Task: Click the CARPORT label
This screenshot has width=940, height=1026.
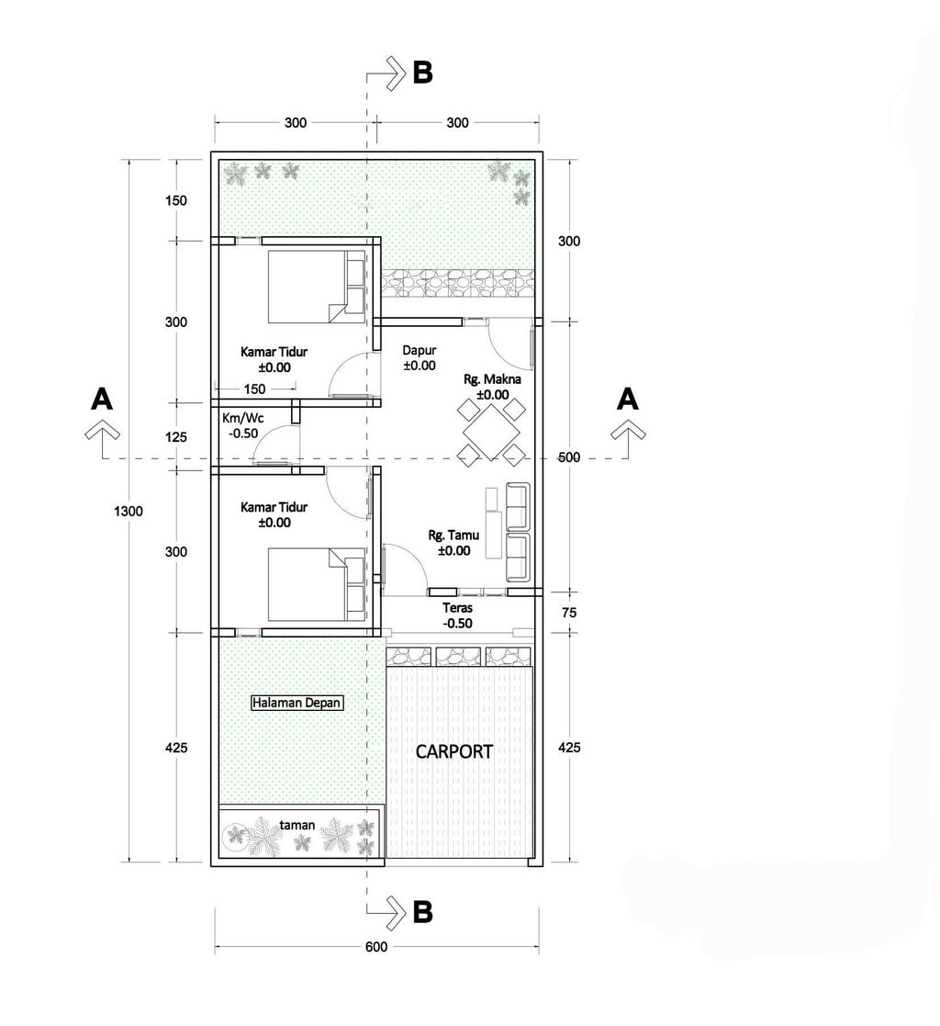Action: coord(454,751)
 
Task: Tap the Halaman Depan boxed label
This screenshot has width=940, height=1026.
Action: coord(297,703)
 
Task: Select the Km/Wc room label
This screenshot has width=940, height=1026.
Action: coord(242,417)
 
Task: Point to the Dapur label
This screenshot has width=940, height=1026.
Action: coord(420,351)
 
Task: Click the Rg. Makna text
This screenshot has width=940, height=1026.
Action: coord(493,378)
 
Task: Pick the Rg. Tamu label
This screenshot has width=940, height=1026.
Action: coord(454,536)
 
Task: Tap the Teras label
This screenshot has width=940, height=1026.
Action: coord(457,608)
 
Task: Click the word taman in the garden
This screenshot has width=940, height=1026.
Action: coord(297,825)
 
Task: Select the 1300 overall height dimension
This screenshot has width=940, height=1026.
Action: coord(129,511)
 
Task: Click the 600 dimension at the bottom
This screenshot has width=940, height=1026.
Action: coord(376,947)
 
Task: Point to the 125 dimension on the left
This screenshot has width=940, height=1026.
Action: coord(176,437)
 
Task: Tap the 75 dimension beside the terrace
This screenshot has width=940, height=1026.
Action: coord(569,613)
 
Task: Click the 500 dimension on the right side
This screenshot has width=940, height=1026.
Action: coord(569,457)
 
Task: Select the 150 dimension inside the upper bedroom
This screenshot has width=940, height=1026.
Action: coord(254,389)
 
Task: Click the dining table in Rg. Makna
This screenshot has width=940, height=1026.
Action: coord(491,432)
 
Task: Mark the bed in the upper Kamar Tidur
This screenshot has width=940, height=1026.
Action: coord(317,287)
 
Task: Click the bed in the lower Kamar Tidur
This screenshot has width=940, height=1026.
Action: coord(317,584)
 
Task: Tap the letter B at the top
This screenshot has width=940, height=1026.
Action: coord(422,73)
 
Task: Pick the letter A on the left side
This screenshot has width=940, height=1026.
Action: coord(101,399)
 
